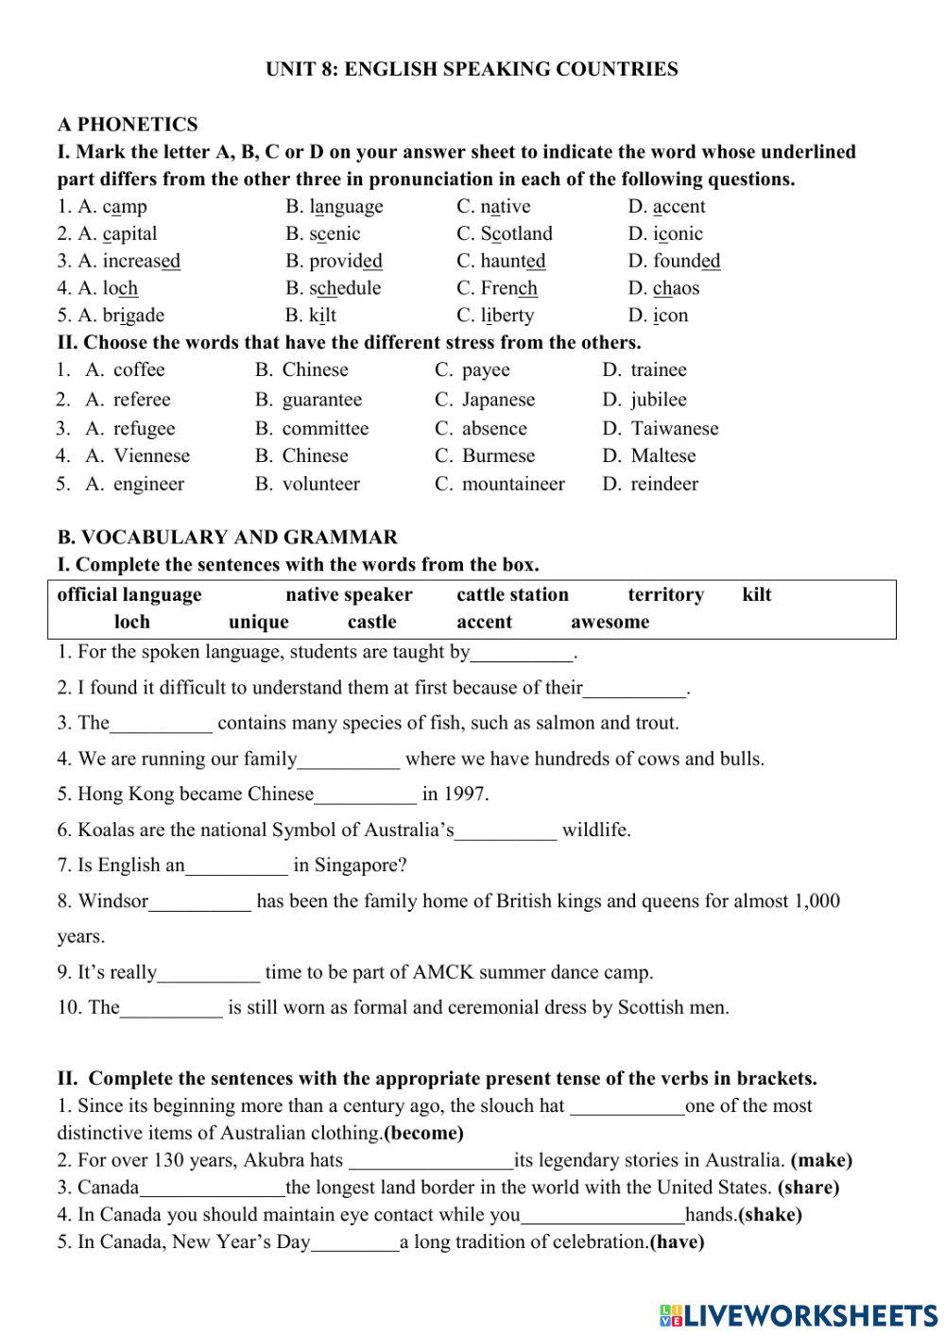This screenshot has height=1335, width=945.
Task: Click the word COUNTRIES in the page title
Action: (x=618, y=69)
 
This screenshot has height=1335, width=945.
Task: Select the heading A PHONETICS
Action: (x=128, y=125)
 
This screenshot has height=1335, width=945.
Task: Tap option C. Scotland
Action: (x=505, y=233)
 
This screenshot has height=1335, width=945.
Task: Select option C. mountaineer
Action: (x=500, y=484)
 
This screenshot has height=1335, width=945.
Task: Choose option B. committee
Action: (x=312, y=428)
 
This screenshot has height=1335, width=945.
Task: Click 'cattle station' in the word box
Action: (x=512, y=594)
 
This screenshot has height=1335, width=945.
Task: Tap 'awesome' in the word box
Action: (x=610, y=622)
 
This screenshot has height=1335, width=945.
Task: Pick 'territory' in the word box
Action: (x=665, y=594)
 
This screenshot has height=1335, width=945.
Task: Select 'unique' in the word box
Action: (x=258, y=622)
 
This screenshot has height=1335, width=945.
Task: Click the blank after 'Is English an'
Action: (x=237, y=866)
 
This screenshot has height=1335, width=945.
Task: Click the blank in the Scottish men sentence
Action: (x=172, y=1008)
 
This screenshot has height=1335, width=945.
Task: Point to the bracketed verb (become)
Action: (x=424, y=1133)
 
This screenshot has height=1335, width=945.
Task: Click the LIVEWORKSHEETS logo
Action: (x=799, y=1314)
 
